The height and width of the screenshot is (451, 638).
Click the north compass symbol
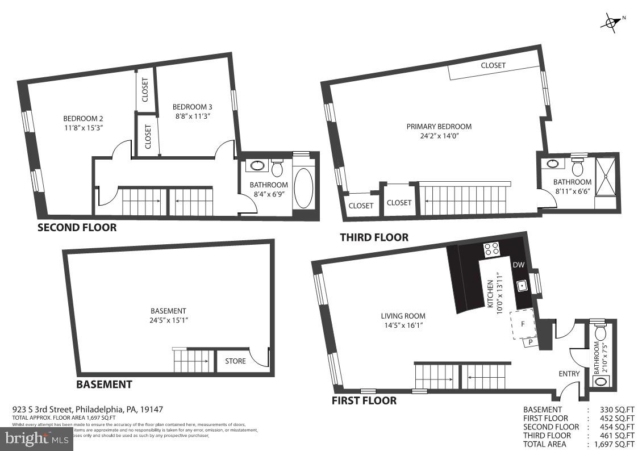(611, 22)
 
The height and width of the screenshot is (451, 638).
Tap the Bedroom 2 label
(83, 119)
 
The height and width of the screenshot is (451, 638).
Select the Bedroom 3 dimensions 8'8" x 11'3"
(192, 116)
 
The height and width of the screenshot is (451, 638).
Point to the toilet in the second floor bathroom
(277, 169)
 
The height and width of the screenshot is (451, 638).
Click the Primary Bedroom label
(439, 126)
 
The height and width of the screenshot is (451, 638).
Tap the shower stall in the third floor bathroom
(605, 176)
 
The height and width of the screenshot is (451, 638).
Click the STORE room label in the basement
(235, 361)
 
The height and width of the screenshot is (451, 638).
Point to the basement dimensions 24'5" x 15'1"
(168, 320)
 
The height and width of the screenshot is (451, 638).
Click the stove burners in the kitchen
(490, 248)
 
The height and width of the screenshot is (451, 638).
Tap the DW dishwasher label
(519, 265)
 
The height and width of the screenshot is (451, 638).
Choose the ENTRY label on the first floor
(569, 374)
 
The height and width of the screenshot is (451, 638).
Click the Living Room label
(403, 316)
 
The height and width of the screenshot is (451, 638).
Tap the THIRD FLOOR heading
(374, 237)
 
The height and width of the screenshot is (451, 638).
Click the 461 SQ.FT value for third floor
(616, 435)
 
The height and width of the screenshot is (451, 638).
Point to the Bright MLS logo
(37, 439)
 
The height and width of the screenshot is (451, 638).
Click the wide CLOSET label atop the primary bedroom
(493, 65)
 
